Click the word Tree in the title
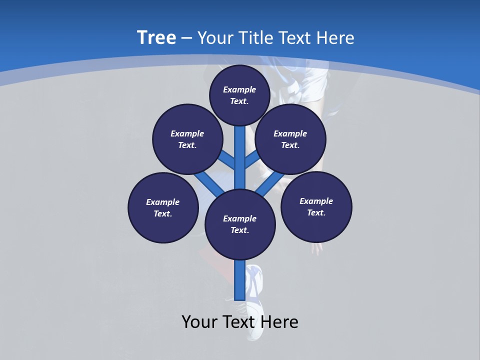[x=156, y=38]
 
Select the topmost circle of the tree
[x=239, y=95]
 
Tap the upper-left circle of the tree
[x=187, y=139]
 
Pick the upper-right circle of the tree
[x=290, y=139]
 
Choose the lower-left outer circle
[x=163, y=207]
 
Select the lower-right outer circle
[x=316, y=206]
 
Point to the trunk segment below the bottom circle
[x=240, y=280]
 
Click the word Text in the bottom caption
[x=240, y=322]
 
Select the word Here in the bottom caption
[x=280, y=322]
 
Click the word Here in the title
[x=336, y=38]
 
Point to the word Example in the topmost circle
[x=239, y=89]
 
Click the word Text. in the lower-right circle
[x=316, y=212]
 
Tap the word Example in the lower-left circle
[x=163, y=202]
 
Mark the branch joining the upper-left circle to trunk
[x=227, y=160]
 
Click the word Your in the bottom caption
[x=199, y=322]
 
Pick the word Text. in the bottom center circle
[x=240, y=230]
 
